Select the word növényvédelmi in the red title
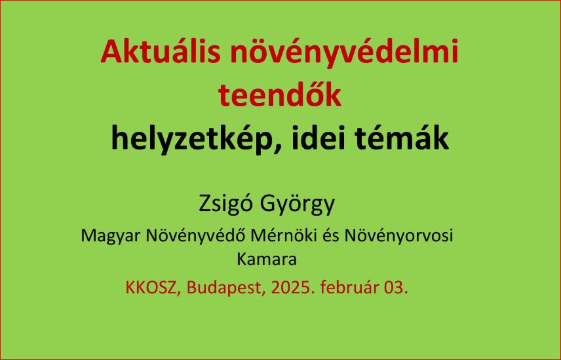344,52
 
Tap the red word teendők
279,94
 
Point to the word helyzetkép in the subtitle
194,138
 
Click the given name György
297,204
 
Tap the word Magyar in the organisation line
110,236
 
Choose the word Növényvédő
196,235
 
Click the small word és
332,236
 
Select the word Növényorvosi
399,236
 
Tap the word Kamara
267,259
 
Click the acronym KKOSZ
152,287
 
